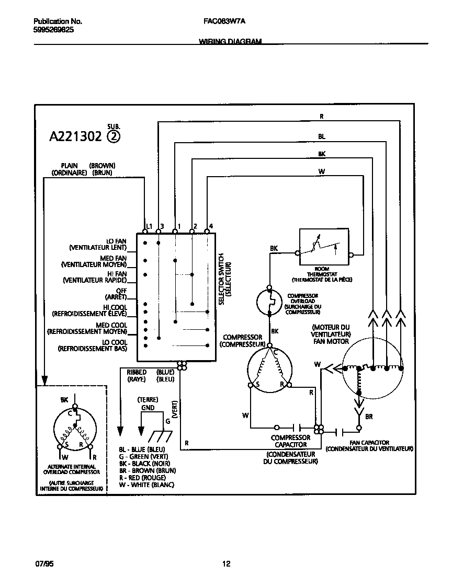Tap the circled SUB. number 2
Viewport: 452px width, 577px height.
(x=114, y=137)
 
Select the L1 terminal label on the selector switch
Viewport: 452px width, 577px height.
(x=149, y=226)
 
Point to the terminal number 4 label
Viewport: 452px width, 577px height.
(x=211, y=226)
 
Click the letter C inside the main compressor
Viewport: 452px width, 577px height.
(x=275, y=353)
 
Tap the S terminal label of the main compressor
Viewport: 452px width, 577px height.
(x=257, y=385)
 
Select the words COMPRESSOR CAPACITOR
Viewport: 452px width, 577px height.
(x=290, y=441)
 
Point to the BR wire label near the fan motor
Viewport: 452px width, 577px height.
(x=369, y=417)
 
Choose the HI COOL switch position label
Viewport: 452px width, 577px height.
(x=115, y=307)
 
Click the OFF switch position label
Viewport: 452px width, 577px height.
(x=121, y=291)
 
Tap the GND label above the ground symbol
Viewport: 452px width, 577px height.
(x=148, y=408)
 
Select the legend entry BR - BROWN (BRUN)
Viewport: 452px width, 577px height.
(x=147, y=470)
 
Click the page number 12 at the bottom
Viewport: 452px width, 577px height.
(x=226, y=564)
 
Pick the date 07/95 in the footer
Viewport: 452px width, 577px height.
(x=44, y=564)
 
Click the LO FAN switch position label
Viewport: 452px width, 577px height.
(x=117, y=241)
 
